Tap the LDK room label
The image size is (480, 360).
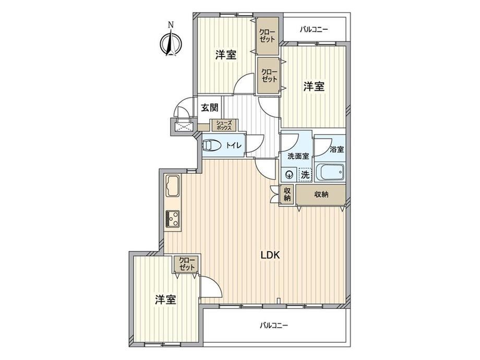(x=270, y=255)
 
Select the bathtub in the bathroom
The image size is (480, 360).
(x=330, y=173)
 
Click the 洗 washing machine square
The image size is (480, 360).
(x=305, y=175)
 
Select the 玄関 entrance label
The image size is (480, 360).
(x=210, y=107)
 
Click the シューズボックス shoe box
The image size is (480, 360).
(x=223, y=125)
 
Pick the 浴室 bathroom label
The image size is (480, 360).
(x=337, y=149)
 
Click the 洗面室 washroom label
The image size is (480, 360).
(x=298, y=156)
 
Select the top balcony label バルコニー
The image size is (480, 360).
(x=314, y=30)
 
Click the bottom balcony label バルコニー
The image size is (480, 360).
(x=274, y=325)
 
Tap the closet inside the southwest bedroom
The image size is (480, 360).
(x=187, y=264)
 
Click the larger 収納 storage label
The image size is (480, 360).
(x=321, y=194)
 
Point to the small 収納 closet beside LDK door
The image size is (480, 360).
(x=287, y=194)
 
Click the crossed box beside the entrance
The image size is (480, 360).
(x=183, y=126)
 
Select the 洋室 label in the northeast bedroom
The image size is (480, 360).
(x=314, y=87)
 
